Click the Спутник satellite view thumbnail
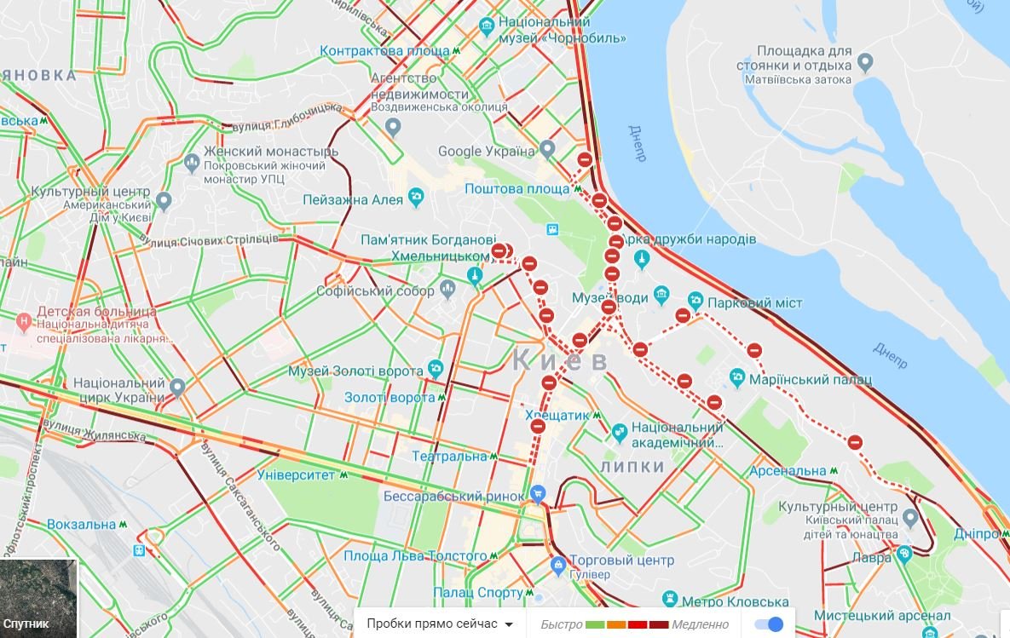click(38, 598)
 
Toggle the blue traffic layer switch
click(769, 624)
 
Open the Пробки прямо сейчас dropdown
click(440, 624)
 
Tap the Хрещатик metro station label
click(557, 415)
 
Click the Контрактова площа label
click(384, 51)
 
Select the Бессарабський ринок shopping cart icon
click(537, 493)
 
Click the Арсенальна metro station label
click(788, 470)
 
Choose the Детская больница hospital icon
click(24, 321)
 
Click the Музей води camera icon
click(661, 296)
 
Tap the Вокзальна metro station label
click(81, 525)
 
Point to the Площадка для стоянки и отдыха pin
click(865, 62)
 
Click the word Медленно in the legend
click(700, 624)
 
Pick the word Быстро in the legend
click(561, 624)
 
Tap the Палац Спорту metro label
click(477, 592)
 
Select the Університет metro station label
click(296, 474)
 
